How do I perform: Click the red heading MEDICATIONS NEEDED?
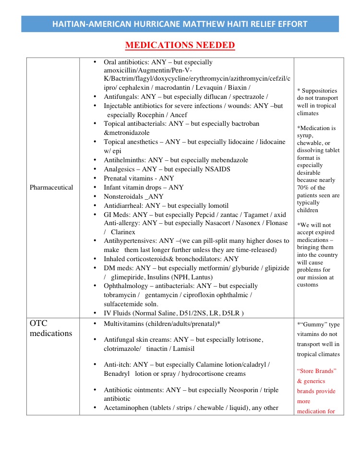pyautogui.click(x=180, y=46)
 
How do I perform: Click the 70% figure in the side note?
pyautogui.click(x=303, y=188)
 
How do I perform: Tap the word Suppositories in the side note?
pyautogui.click(x=320, y=90)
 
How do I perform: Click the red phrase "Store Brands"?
pyautogui.click(x=317, y=371)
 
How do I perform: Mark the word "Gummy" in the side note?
pyautogui.click(x=313, y=324)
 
